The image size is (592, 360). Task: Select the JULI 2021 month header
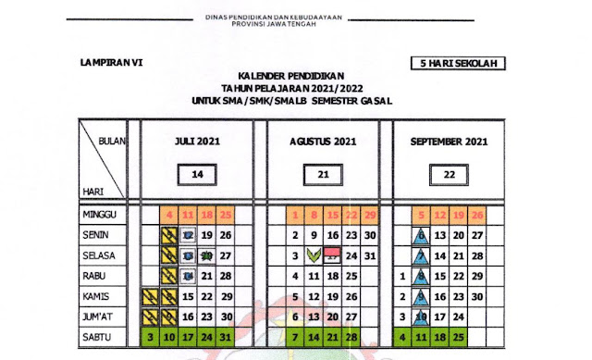tap(197, 142)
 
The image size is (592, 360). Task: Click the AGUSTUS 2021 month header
tap(323, 142)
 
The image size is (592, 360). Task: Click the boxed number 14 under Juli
tap(197, 173)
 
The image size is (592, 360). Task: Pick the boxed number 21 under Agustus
tap(323, 173)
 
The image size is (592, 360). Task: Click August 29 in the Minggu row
tap(371, 216)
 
